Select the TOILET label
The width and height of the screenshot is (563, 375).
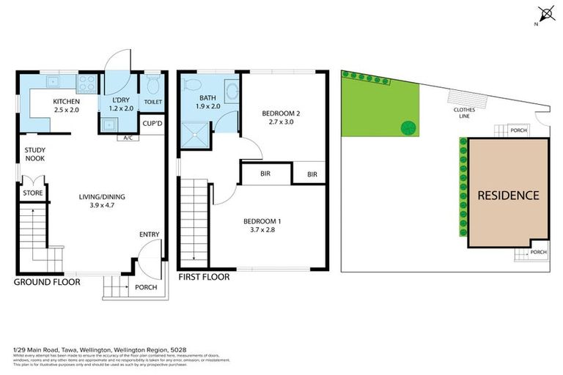[x=152, y=103]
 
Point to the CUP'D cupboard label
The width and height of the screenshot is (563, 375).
[x=152, y=124]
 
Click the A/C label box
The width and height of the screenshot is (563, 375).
[x=128, y=138]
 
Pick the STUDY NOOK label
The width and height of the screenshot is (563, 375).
[x=34, y=154]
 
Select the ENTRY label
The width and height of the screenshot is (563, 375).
[x=149, y=234]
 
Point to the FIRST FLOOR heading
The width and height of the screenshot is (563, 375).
[x=204, y=277]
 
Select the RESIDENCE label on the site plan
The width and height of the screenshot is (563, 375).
[x=508, y=196]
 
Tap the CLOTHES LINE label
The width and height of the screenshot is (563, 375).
[x=463, y=113]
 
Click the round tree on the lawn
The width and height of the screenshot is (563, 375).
[x=408, y=127]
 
